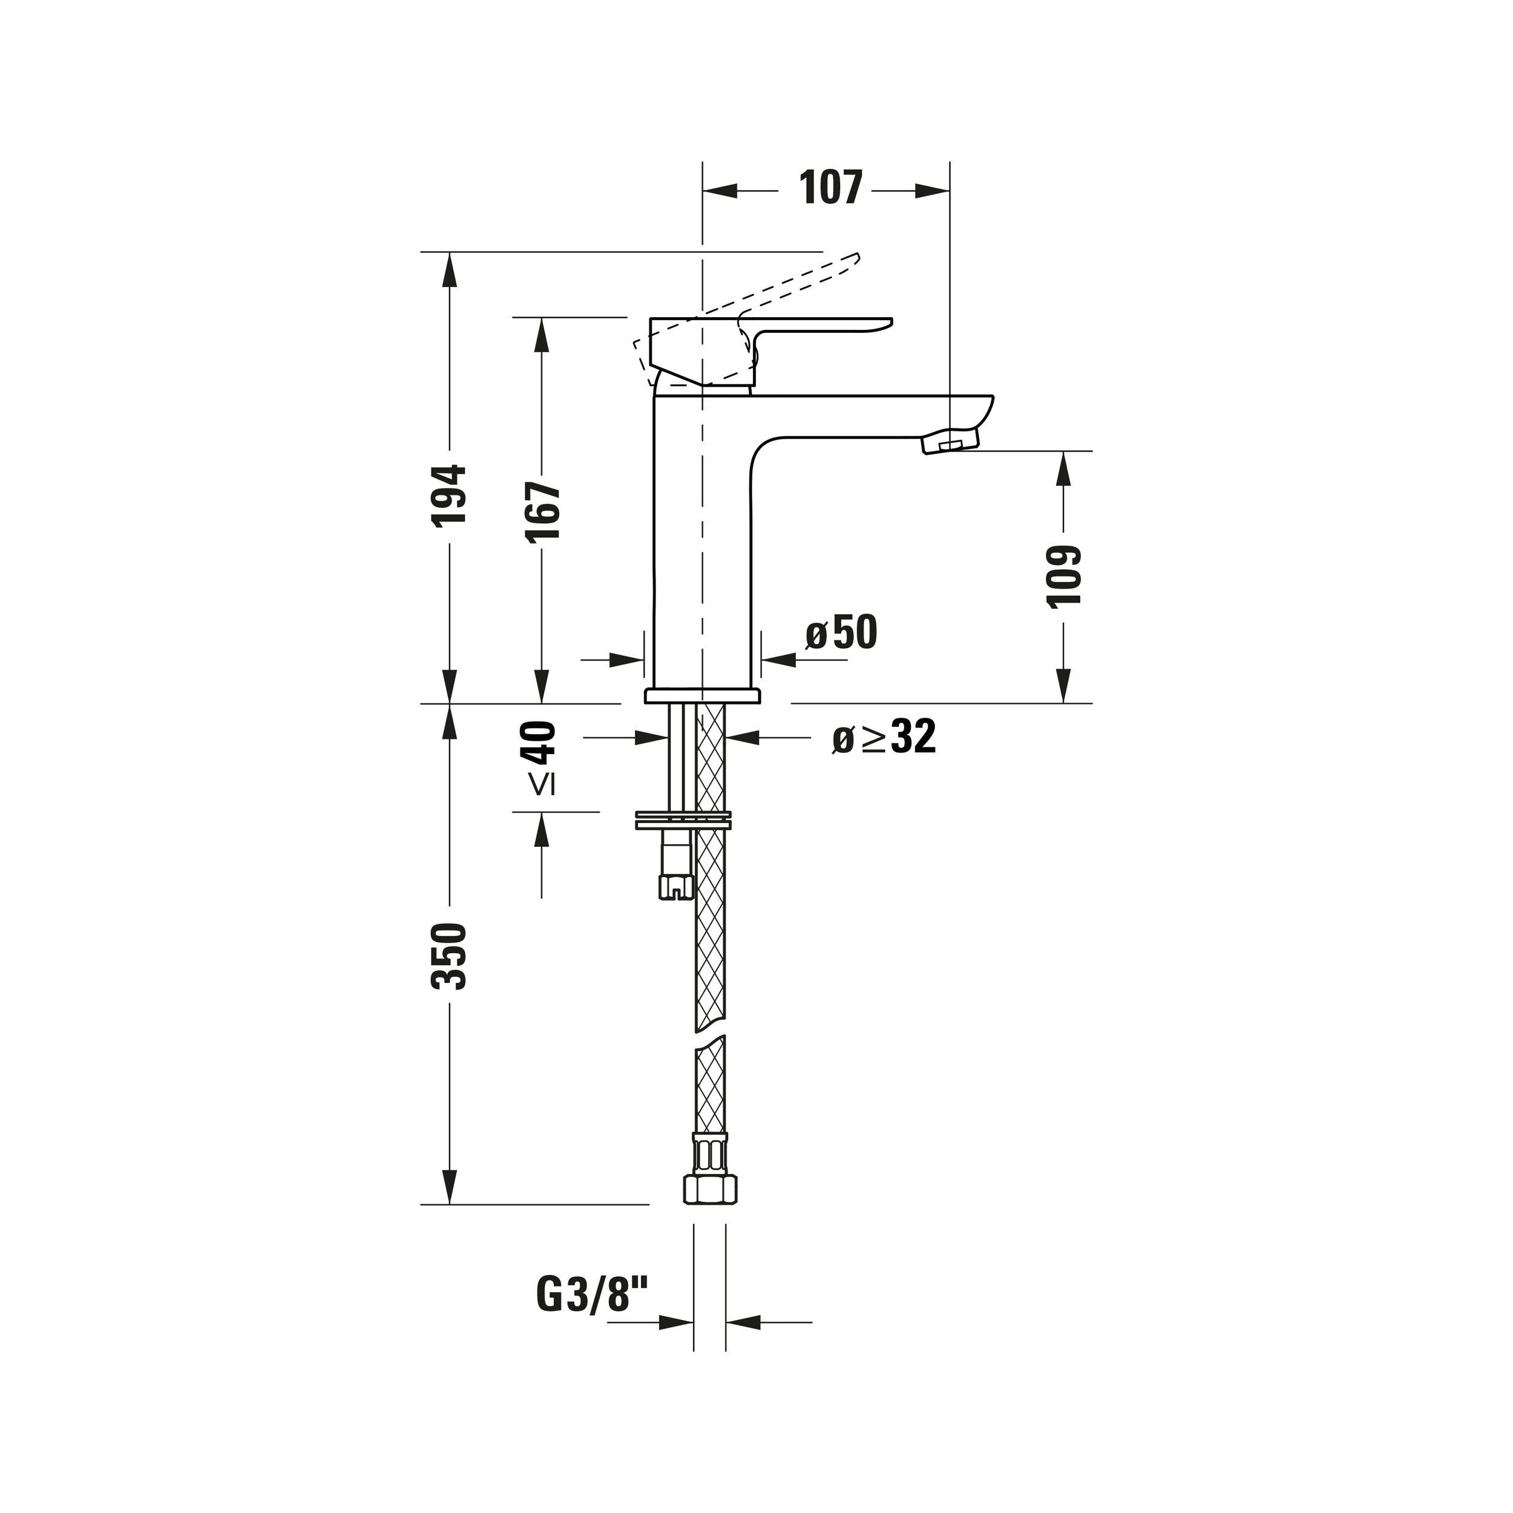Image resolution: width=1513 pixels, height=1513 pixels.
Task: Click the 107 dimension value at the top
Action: [x=830, y=188]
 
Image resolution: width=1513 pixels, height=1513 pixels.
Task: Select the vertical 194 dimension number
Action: [x=450, y=495]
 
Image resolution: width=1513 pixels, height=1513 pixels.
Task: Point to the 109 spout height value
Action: [x=1063, y=576]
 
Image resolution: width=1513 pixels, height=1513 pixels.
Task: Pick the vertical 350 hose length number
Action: [x=450, y=956]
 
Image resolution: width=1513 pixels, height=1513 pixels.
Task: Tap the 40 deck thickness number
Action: [x=539, y=743]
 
